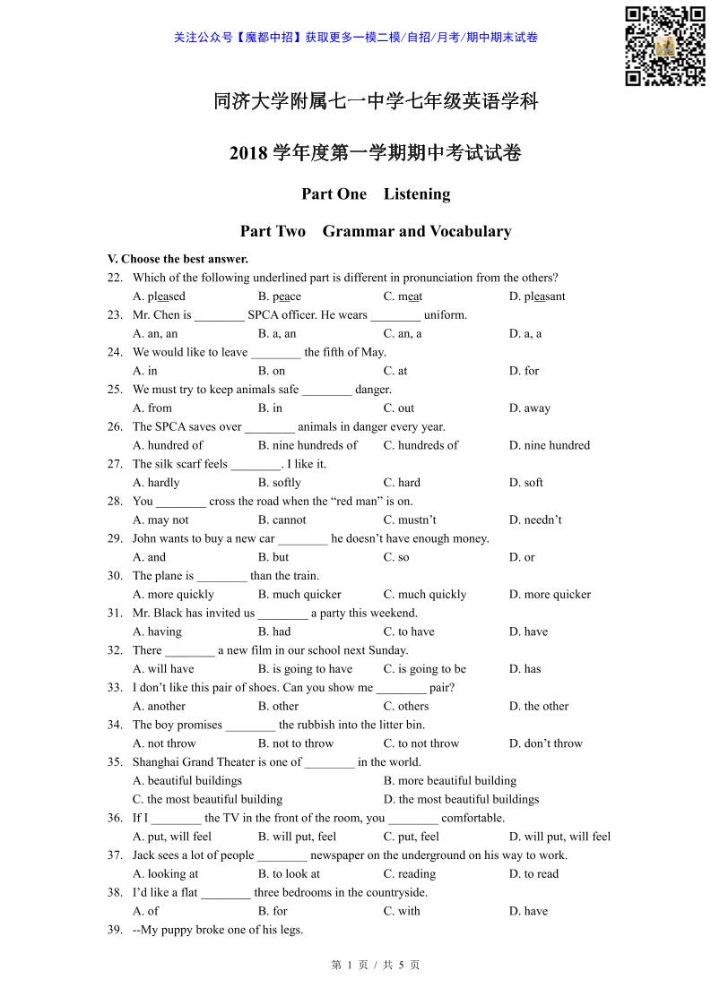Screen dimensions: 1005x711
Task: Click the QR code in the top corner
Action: tap(664, 46)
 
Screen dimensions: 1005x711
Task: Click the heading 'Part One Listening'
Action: tap(376, 193)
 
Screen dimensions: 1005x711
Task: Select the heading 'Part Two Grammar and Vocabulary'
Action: tap(376, 231)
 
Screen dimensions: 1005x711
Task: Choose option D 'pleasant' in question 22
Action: tap(537, 296)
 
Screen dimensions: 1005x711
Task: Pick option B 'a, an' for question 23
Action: tap(277, 333)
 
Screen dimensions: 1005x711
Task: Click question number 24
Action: tap(115, 352)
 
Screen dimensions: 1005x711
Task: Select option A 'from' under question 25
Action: tap(152, 408)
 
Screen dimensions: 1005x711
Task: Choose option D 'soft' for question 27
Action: tap(526, 483)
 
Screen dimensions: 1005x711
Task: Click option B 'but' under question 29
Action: tap(273, 557)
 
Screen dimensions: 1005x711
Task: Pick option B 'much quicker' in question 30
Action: tap(299, 594)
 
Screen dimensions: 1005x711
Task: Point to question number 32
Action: tap(115, 650)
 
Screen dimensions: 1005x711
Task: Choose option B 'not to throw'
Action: tap(296, 743)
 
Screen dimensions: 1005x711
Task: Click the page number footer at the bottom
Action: tap(376, 965)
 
